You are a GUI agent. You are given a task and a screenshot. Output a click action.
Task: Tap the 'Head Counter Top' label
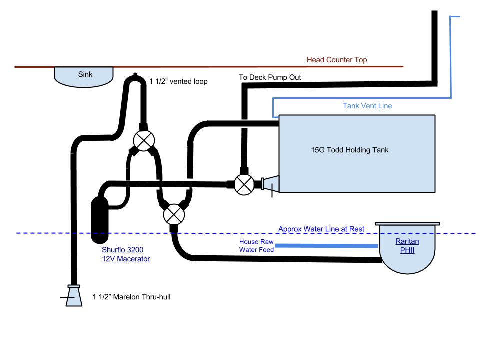click(337, 60)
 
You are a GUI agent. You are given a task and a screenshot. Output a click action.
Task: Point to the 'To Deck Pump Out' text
click(270, 77)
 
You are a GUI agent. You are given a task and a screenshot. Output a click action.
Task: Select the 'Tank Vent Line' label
click(367, 106)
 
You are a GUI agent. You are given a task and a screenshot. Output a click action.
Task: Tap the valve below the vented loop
click(144, 141)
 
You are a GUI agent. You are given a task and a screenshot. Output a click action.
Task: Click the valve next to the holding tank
click(244, 184)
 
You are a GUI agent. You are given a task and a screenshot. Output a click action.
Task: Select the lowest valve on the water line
click(173, 214)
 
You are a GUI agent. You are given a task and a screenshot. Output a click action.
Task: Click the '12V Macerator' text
click(126, 259)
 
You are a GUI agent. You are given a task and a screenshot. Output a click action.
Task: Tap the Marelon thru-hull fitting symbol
click(74, 296)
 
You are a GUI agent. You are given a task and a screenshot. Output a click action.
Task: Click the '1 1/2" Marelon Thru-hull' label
click(132, 297)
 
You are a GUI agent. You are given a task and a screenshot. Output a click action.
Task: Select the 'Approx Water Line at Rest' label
click(321, 229)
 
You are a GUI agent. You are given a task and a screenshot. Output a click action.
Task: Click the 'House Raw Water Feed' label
click(256, 246)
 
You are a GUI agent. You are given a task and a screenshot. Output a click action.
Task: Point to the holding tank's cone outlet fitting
click(270, 184)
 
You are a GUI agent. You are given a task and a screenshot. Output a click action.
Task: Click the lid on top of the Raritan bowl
click(407, 224)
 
